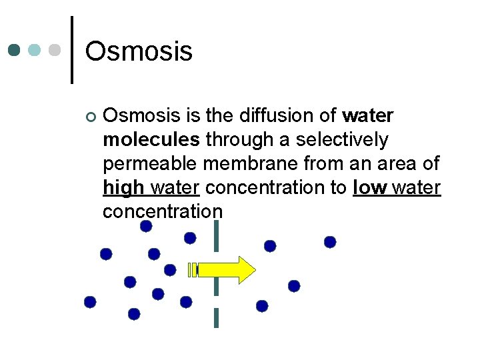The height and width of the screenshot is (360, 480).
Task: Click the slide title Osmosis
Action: (x=139, y=51)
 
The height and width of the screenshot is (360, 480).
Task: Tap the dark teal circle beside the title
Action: (x=15, y=50)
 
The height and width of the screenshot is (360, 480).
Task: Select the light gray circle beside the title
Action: (x=56, y=50)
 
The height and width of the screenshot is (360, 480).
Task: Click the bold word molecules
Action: (x=151, y=139)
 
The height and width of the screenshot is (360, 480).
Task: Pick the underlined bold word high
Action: (x=125, y=188)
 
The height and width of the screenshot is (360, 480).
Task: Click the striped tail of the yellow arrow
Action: (x=193, y=270)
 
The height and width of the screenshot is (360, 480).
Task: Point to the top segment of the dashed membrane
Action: (x=216, y=236)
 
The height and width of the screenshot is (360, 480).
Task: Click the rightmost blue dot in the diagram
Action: (x=330, y=242)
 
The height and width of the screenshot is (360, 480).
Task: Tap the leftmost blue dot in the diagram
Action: (x=90, y=302)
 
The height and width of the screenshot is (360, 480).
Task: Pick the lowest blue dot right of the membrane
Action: (x=262, y=306)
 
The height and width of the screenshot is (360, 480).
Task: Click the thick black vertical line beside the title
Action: (x=71, y=50)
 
